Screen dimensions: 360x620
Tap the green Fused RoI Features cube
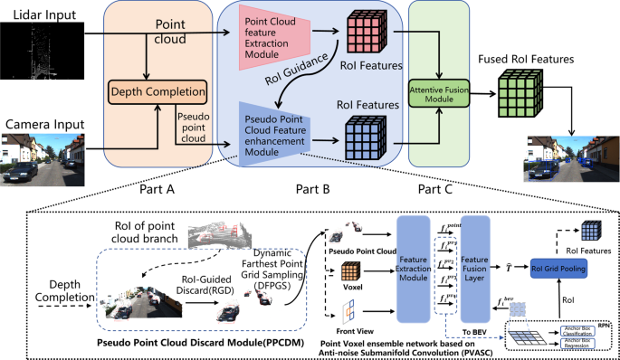pyautogui.click(x=519, y=94)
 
